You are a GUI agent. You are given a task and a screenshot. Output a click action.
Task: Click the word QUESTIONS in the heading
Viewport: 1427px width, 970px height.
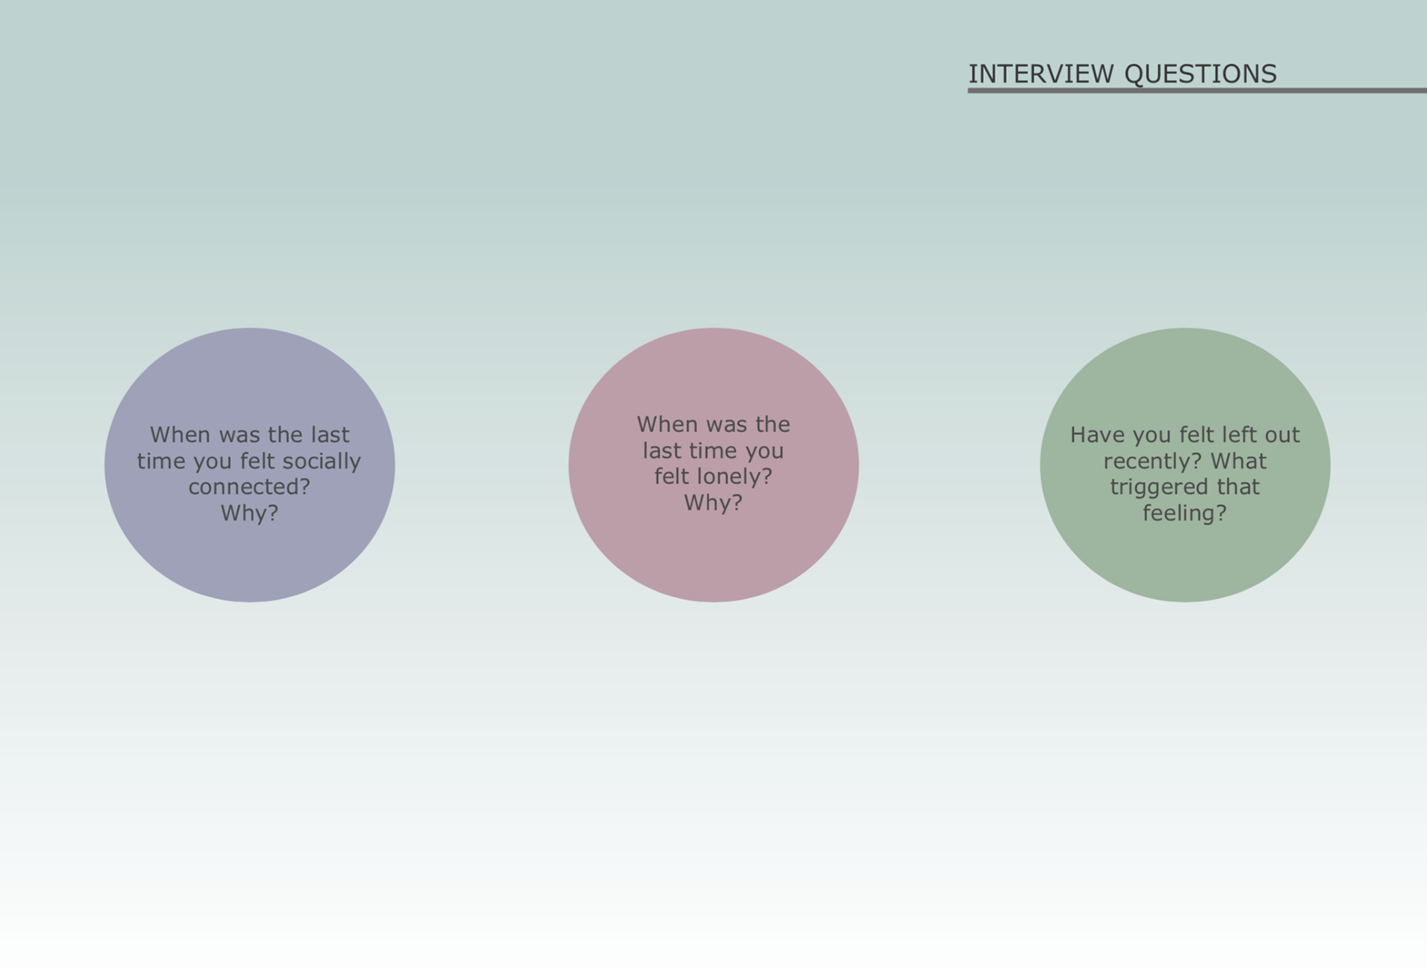pos(1200,74)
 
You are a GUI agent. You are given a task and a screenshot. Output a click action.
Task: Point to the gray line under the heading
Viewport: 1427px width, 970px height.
pos(1197,91)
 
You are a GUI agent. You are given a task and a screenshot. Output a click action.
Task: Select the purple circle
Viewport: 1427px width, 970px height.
pos(250,465)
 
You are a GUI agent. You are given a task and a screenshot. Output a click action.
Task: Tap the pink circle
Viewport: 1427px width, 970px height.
pos(713,465)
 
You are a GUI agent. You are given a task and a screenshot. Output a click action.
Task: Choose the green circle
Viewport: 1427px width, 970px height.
pos(1185,465)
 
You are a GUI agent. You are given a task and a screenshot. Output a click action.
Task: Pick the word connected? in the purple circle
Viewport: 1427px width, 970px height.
pos(249,487)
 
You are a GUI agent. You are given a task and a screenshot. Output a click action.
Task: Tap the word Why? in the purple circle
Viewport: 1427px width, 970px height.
pos(250,513)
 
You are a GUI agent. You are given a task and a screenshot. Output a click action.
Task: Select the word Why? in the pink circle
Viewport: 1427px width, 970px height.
pos(713,502)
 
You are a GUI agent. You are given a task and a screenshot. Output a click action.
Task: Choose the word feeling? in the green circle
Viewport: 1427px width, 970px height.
pos(1185,513)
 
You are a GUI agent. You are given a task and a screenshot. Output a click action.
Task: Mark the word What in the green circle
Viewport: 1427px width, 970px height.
pos(1239,461)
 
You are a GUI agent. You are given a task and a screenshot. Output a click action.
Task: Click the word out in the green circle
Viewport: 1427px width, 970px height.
pos(1283,435)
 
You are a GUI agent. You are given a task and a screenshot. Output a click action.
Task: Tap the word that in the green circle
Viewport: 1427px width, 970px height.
pos(1238,487)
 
